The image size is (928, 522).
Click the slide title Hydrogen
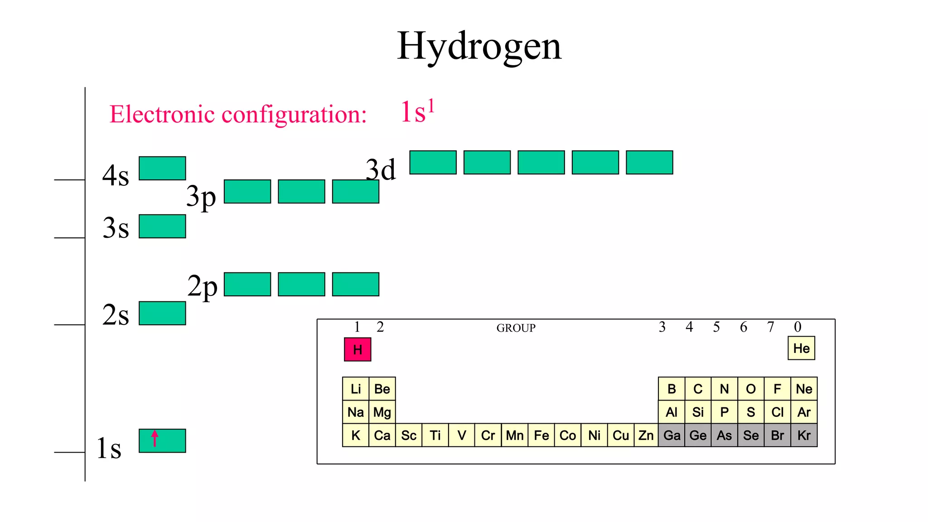click(479, 46)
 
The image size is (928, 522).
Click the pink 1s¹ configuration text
click(417, 111)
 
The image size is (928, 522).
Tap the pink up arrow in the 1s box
click(155, 438)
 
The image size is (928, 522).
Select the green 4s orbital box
click(162, 168)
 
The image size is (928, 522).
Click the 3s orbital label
click(116, 227)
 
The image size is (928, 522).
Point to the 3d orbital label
click(381, 170)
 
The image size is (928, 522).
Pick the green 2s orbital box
click(162, 313)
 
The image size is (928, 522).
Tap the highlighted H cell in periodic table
click(358, 349)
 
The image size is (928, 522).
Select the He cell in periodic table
click(801, 348)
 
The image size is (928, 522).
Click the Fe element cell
click(541, 435)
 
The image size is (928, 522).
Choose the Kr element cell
click(804, 435)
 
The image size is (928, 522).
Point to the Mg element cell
click(382, 412)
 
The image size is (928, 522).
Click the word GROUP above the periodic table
click(516, 328)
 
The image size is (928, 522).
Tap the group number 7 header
click(770, 327)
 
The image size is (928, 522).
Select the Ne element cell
click(804, 389)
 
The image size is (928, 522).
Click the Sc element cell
click(409, 435)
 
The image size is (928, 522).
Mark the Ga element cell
click(672, 435)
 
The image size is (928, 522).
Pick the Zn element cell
click(646, 435)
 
